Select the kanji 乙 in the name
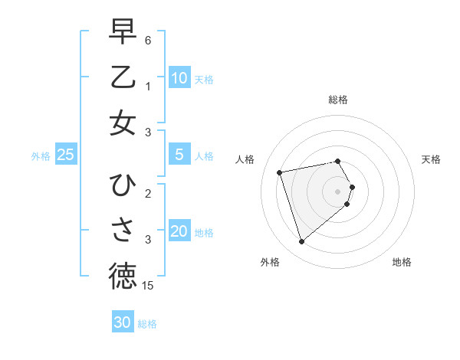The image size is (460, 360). coord(123,78)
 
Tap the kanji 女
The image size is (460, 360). coord(123,123)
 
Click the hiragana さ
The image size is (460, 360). coord(123,231)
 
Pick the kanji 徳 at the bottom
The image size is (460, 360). coord(123,277)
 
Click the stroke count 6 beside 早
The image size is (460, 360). coord(148,40)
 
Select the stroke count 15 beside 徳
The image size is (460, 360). coord(149,286)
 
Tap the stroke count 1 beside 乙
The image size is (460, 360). coord(148,87)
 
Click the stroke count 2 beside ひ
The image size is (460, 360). coord(148,193)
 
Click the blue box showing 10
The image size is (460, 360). coord(179,77)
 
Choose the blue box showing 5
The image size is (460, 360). coord(179,155)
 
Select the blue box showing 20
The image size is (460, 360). coord(179,231)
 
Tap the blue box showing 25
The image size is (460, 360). coord(65,155)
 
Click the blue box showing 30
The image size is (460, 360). coord(123,322)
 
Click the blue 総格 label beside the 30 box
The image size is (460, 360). coord(147,324)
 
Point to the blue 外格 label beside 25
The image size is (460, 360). coord(41,156)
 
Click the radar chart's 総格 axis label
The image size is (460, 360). coord(338,100)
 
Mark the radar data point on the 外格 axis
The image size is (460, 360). coord(302,241)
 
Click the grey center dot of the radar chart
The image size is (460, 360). coord(338,190)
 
